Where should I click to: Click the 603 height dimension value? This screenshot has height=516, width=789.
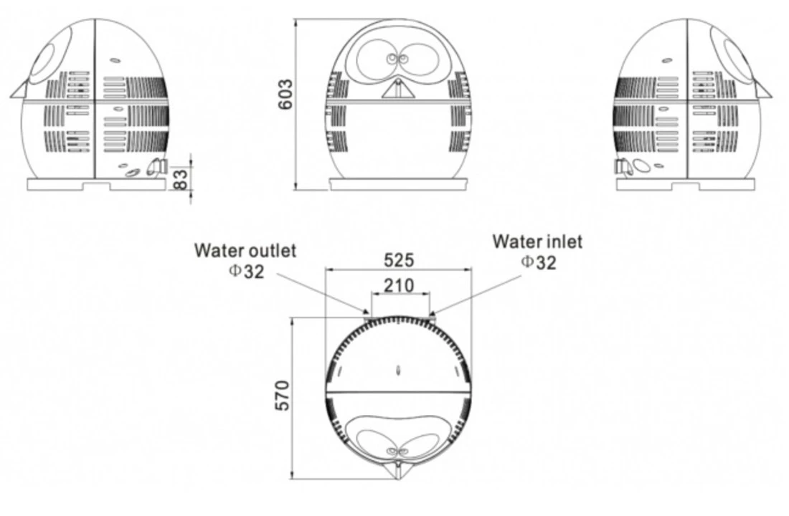pyautogui.click(x=285, y=94)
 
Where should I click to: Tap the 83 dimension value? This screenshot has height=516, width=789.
pyautogui.click(x=181, y=179)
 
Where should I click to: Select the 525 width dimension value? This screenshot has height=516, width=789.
pyautogui.click(x=399, y=260)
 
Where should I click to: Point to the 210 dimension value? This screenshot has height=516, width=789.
pyautogui.click(x=399, y=286)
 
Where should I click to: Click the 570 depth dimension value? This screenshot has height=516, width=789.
pyautogui.click(x=283, y=396)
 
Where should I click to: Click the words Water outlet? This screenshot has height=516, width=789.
pyautogui.click(x=245, y=250)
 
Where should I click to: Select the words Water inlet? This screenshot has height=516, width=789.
pyautogui.click(x=537, y=242)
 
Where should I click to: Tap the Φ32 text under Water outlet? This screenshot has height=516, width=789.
pyautogui.click(x=247, y=271)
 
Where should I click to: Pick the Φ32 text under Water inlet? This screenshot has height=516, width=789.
pyautogui.click(x=539, y=262)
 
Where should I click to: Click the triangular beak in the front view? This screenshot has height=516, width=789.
pyautogui.click(x=398, y=89)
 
